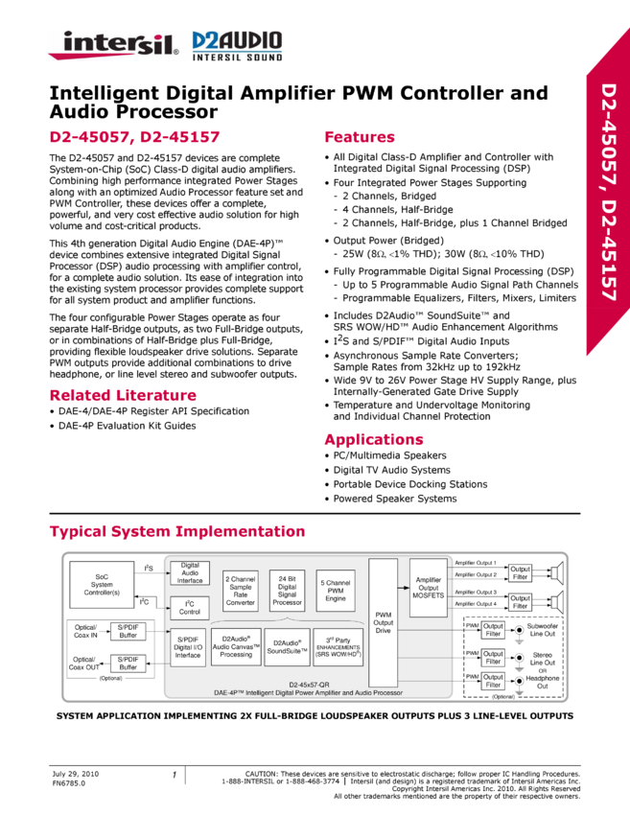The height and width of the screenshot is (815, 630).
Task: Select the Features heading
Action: coord(360,137)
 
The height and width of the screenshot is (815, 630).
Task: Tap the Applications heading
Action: coord(374,440)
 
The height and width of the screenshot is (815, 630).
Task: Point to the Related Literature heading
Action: coord(123,395)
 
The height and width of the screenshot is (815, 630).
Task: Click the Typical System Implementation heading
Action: coord(177,531)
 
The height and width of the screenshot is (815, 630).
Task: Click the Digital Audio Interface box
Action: coord(190,573)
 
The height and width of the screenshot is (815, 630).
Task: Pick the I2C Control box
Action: coord(190,608)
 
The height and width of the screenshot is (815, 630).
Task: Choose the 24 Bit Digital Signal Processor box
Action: coord(287,589)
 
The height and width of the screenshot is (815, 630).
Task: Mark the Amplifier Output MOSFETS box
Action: coord(429,588)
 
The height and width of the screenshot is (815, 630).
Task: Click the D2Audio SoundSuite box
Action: coord(287,647)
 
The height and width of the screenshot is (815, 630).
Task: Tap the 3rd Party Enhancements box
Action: coord(338,647)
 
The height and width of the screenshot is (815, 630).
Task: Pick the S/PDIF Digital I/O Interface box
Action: coord(188,648)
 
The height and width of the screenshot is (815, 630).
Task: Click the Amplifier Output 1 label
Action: coord(475,563)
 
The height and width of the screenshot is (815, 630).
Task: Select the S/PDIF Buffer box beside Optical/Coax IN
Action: coord(128,631)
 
